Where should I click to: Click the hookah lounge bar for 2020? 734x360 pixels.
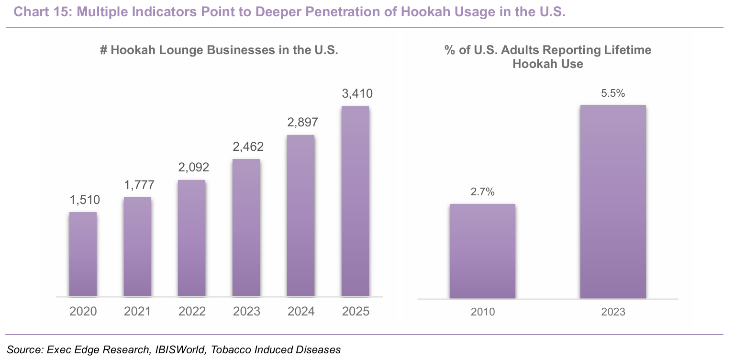[x=83, y=254]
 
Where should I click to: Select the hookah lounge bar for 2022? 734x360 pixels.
[x=192, y=238]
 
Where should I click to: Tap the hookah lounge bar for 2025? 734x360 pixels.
[x=355, y=202]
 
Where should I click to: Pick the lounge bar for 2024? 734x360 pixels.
[x=301, y=216]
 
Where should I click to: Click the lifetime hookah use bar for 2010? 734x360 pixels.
[x=482, y=251]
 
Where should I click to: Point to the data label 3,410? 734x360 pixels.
[x=357, y=94]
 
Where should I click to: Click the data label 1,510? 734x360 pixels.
[x=85, y=200]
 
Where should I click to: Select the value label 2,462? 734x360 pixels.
[x=248, y=147]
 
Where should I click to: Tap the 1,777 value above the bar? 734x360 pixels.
[x=139, y=185]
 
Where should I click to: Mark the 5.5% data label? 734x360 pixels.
[x=613, y=93]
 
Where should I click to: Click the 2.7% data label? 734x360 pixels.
[x=482, y=192]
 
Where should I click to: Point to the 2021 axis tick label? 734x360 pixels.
[x=137, y=311]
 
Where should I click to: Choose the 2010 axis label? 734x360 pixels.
[x=483, y=312]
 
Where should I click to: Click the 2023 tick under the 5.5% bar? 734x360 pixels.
[x=613, y=312]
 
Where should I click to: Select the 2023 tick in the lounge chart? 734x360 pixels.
[x=246, y=311]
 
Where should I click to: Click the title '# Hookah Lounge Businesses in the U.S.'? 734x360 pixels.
[x=219, y=50]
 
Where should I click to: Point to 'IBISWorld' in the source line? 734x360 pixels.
[x=180, y=349]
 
